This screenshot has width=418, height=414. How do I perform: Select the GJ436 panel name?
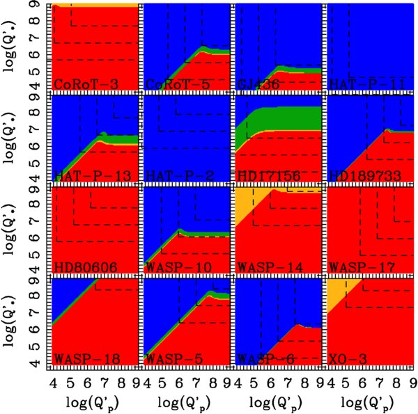[x=252, y=85]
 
